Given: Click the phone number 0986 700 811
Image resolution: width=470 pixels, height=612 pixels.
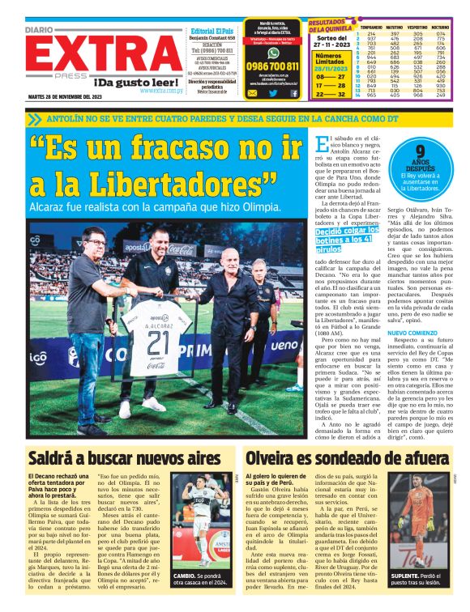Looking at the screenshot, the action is tap(272, 66).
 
